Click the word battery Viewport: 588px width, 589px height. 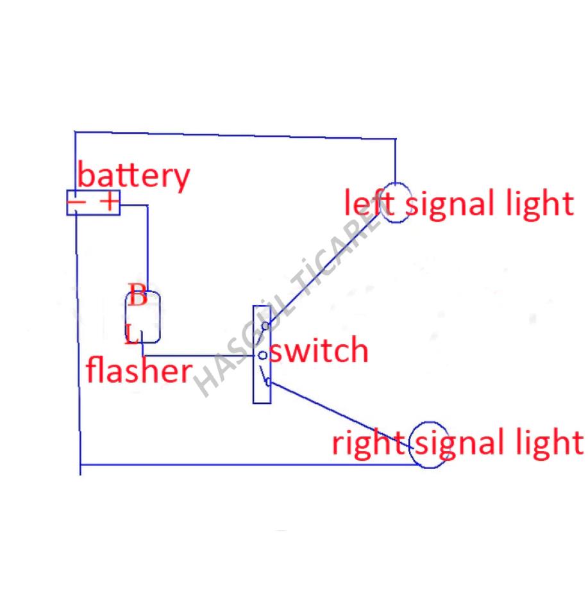[133, 176]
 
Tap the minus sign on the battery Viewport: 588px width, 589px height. [76, 202]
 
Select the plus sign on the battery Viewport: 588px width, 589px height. [110, 201]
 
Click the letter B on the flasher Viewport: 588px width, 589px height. [137, 295]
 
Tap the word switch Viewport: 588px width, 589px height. [319, 350]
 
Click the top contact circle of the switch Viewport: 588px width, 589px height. [265, 326]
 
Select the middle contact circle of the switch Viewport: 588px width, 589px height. [263, 355]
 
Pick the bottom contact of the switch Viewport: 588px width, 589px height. [268, 383]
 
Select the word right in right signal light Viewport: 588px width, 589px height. [368, 444]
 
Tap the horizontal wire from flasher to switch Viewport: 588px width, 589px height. [200, 356]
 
